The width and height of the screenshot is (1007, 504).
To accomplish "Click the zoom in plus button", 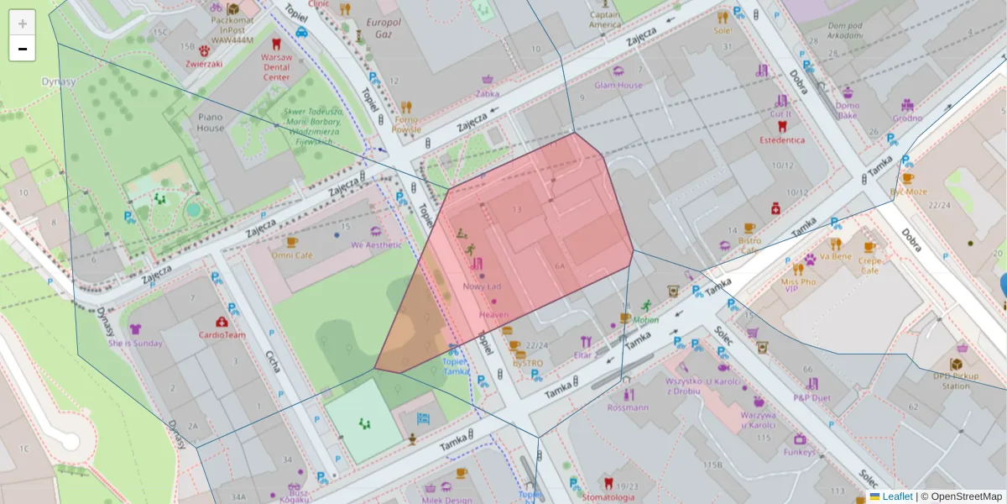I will [23, 24].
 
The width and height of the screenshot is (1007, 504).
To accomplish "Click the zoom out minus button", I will [23, 49].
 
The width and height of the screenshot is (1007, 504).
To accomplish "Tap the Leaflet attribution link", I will [897, 496].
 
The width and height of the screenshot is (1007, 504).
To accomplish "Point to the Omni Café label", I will [292, 255].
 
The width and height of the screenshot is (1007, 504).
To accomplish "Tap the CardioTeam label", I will [222, 334].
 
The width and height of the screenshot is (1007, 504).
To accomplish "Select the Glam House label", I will [618, 85].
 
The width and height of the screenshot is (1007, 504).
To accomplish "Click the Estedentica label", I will [782, 139].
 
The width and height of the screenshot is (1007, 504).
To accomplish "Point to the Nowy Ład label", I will [482, 286].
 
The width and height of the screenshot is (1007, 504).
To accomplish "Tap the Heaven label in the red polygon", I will [493, 314].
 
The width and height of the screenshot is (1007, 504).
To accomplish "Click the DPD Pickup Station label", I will [956, 381].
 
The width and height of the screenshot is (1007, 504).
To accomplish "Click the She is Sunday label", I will [135, 343].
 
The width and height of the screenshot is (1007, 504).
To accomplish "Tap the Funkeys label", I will [799, 452].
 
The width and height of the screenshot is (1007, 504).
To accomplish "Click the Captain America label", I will [604, 19].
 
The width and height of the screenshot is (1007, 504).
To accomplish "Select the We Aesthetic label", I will [376, 244].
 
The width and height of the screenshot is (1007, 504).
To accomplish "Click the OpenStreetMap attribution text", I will [966, 496].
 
